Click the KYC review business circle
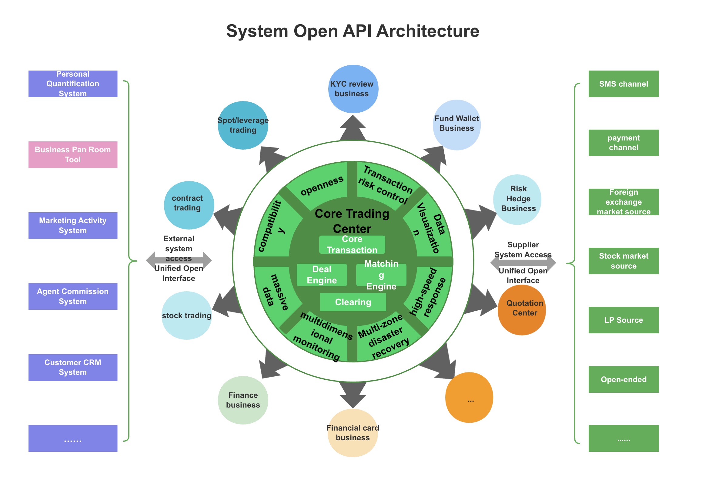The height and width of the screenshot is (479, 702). tap(353, 89)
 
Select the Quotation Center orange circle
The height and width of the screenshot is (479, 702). tap(522, 310)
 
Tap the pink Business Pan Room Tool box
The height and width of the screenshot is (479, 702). tap(73, 154)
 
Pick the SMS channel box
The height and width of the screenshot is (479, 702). tap(623, 84)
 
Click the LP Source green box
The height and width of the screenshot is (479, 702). tap(623, 320)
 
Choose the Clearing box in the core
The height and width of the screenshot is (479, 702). tap(353, 302)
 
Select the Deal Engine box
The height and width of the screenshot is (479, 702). tap(322, 275)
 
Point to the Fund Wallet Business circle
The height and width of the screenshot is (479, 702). tap(456, 124)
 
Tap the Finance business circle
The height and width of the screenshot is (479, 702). tap(243, 400)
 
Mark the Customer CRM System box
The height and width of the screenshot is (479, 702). tap(73, 367)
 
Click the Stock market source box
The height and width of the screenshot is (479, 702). tap(623, 261)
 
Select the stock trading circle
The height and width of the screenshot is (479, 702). tap(186, 315)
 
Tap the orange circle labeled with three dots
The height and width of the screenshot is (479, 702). tap(469, 397)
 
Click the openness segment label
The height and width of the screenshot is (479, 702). tap(322, 185)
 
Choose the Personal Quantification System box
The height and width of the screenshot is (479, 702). tap(73, 84)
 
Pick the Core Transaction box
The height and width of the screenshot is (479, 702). tap(352, 244)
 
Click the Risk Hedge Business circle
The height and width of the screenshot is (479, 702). tap(518, 199)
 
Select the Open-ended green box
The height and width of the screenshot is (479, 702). tap(623, 379)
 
